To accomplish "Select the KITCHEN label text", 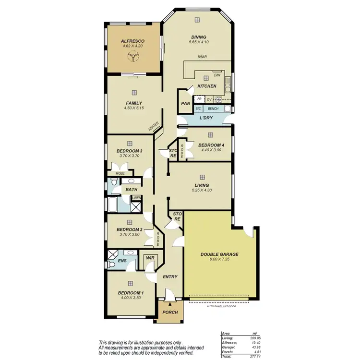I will tap(207, 86).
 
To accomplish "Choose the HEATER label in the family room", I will tap(154, 127).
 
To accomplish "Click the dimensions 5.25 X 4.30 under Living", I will tap(202, 190).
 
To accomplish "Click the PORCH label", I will tap(170, 312).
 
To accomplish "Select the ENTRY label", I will tap(170, 276).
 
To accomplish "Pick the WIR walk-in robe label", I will tap(150, 258).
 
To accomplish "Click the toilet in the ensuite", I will tap(129, 252).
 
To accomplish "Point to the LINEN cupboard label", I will tap(137, 198).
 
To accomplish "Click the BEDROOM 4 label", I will tap(211, 145).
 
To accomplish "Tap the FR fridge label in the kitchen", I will tap(199, 99).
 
